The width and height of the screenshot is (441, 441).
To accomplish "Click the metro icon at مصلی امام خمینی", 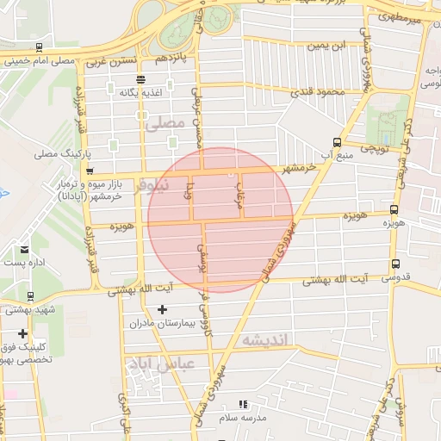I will (x=38, y=48).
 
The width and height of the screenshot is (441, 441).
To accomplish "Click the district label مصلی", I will (x=165, y=124).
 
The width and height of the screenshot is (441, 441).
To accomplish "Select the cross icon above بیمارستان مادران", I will (x=163, y=309).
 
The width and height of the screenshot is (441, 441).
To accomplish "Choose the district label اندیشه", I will (x=268, y=339).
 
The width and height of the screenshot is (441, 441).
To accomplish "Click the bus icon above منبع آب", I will (x=335, y=142).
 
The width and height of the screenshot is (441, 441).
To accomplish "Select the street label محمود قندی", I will (x=318, y=91).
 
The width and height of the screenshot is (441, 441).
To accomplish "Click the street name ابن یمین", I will (x=331, y=45).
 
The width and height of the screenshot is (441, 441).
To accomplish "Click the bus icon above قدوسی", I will (x=395, y=264).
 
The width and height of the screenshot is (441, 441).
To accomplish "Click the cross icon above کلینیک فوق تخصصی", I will (x=22, y=333).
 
